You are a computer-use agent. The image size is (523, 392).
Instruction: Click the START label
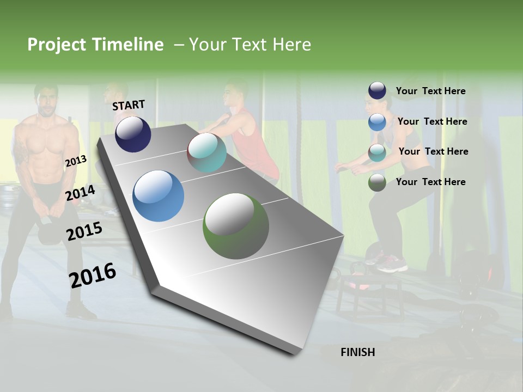pos(129,105)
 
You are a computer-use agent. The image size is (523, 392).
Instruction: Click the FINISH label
pos(357,352)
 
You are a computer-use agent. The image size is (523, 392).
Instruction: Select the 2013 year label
pos(76,161)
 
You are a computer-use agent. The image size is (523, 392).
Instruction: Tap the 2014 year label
pos(80,193)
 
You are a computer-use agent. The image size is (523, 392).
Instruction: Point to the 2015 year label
pos(84,231)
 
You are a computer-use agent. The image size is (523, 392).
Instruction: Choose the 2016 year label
pos(93,275)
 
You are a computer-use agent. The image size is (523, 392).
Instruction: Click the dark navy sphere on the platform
pos(133,134)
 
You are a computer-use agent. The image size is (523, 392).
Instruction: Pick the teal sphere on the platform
pos(206,152)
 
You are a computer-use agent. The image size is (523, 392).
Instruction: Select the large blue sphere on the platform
pos(159,196)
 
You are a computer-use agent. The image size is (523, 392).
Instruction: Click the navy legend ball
pos(377,91)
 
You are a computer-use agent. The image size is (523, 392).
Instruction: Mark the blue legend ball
pos(377,122)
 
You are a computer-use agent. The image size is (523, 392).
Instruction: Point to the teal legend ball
pos(377,152)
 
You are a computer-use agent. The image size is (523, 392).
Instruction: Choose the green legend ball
pos(377,182)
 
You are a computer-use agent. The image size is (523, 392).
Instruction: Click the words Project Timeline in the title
pos(95,45)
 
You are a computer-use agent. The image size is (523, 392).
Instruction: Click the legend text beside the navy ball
pos(430,91)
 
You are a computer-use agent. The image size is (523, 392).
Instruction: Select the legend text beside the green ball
pos(430,182)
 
